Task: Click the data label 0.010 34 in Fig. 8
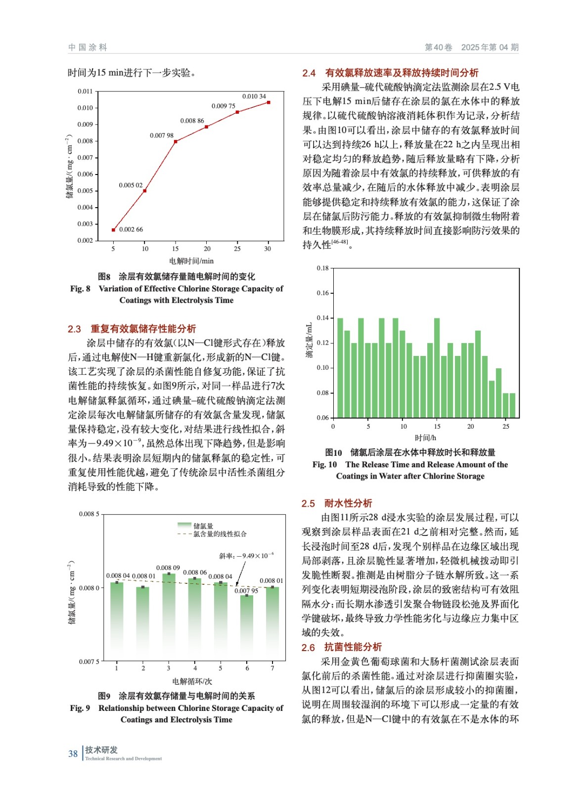pos(254,96)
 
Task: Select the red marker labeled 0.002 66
pos(113,230)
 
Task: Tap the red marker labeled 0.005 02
pos(144,191)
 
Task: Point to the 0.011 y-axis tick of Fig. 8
pos(85,91)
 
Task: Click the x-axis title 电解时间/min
pos(191,261)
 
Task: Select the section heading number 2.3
pos(74,329)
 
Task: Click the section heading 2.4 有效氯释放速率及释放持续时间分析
pos(390,73)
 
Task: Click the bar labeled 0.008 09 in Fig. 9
pos(169,616)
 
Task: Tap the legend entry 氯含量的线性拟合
pos(220,534)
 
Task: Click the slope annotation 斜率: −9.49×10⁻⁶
pos(246,556)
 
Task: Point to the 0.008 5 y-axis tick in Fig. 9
pos(89,514)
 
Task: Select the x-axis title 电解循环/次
pos(192,681)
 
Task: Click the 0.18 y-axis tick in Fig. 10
pos(322,268)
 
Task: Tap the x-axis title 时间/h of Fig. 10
pos(425,438)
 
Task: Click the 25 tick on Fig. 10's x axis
pos(505,426)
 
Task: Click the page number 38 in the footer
pos(73,754)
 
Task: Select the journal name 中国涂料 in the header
pos(88,47)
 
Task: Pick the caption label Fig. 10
pos(324,465)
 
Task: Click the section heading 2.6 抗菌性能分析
pos(342,647)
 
